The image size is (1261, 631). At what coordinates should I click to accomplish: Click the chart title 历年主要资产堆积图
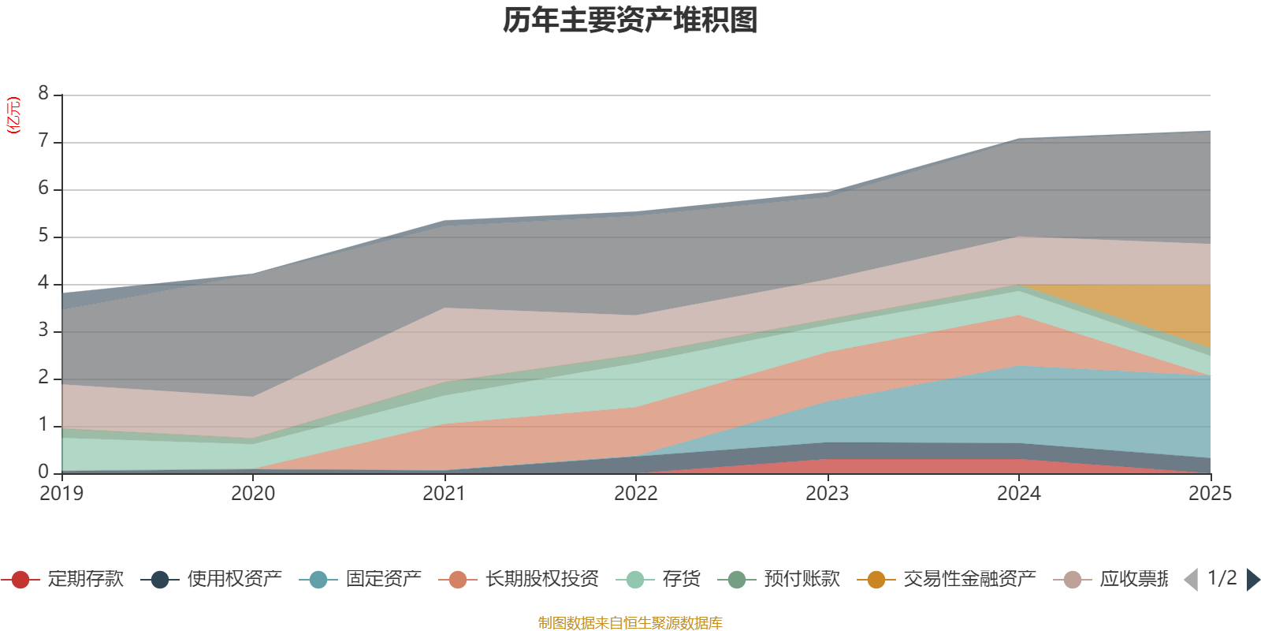coord(630,21)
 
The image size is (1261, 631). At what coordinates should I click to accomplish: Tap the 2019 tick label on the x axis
coord(61,493)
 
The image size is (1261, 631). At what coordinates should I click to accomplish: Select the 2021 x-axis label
coord(445,493)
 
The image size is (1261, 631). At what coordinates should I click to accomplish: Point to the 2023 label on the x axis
coord(827,493)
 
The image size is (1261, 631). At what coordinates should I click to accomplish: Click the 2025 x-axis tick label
coord(1209,493)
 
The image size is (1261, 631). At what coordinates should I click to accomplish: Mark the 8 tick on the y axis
coord(43,94)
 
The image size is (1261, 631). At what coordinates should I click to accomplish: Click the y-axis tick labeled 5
coord(43,236)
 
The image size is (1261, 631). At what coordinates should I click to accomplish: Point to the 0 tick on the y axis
coord(43,472)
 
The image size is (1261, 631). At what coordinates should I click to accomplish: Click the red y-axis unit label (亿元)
coord(13,115)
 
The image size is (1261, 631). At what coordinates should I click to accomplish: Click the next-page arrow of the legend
coord(1252,580)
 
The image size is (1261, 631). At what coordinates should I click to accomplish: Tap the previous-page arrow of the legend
coord(1191,580)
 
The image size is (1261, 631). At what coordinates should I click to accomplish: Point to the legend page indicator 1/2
coord(1222,578)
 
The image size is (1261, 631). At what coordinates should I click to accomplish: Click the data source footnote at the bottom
coord(630,623)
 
